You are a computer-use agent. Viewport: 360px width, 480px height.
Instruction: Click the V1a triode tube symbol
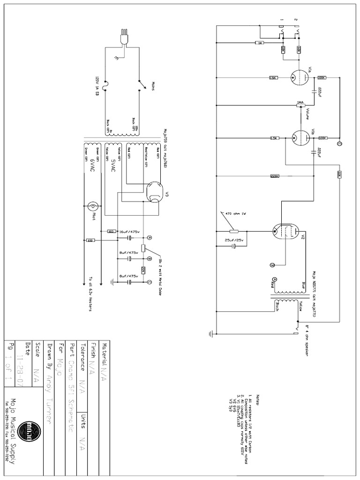coord(296,77)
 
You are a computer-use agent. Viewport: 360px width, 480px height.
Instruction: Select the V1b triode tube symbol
coord(296,138)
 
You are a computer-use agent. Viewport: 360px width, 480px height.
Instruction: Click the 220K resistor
coord(275,176)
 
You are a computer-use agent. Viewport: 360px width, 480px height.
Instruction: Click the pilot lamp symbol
coord(93,206)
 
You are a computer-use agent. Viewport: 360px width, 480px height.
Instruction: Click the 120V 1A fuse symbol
coord(105,84)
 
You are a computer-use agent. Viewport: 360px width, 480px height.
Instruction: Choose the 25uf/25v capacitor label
coord(233,240)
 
